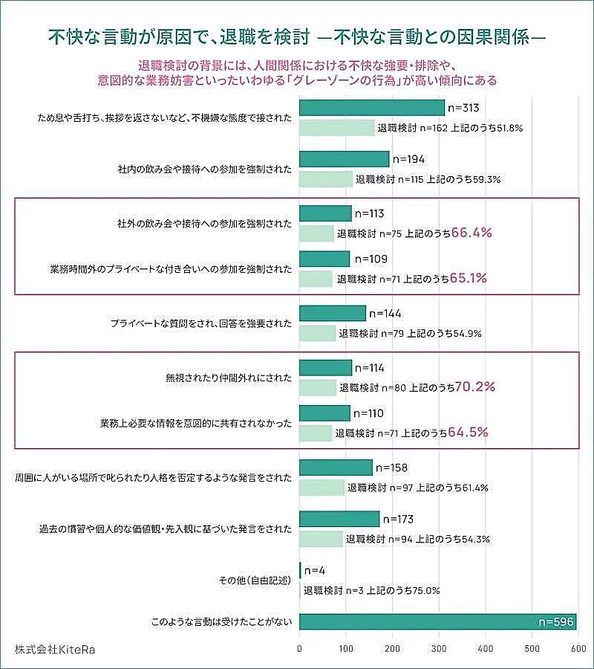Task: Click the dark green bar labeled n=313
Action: pos(371,108)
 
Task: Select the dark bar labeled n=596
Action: pos(437,622)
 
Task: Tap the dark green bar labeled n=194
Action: pos(344,159)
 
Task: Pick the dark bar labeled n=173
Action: pos(339,519)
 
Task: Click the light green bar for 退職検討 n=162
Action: pos(337,127)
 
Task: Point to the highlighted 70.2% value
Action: pos(474,387)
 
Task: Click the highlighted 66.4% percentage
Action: pos(471,233)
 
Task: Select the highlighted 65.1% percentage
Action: pos(469,279)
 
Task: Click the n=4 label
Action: pos(315,571)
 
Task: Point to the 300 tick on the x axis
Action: pos(439,649)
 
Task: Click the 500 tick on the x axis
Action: pos(532,649)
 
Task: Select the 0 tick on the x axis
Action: pos(299,649)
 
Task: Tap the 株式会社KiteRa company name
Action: pos(55,649)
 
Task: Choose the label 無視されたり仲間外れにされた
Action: pos(229,378)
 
